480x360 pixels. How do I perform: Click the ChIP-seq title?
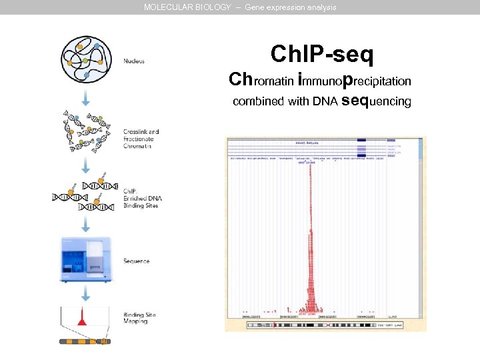pyautogui.click(x=322, y=54)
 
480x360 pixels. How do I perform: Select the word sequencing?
pyautogui.click(x=376, y=101)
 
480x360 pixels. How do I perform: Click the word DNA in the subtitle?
pyautogui.click(x=325, y=102)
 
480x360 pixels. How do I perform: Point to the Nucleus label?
pyautogui.click(x=134, y=61)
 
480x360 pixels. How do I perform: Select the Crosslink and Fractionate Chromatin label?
pyautogui.click(x=141, y=139)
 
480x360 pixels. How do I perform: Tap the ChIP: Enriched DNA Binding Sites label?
pyautogui.click(x=142, y=198)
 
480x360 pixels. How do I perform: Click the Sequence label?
pyautogui.click(x=136, y=261)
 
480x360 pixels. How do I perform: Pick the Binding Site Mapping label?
pyautogui.click(x=139, y=318)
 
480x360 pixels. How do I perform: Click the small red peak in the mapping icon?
pyautogui.click(x=83, y=319)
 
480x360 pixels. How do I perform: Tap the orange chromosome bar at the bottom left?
pyautogui.click(x=84, y=341)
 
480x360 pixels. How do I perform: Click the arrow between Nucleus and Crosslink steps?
pyautogui.click(x=85, y=98)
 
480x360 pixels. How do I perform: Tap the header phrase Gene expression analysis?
pyautogui.click(x=291, y=7)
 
